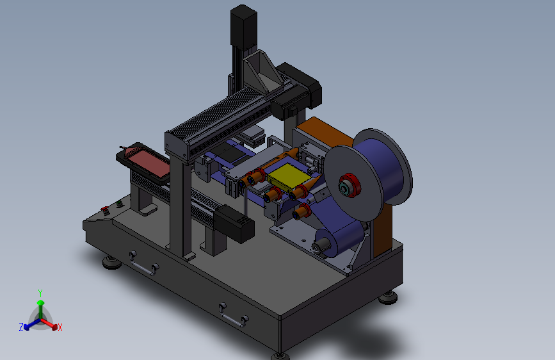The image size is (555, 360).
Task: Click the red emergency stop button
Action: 105,209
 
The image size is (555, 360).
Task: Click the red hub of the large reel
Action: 349,185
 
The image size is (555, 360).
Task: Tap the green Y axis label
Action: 40,293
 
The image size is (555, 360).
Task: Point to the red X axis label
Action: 60,327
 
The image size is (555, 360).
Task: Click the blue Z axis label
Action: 21,327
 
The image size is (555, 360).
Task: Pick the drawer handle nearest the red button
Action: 143,264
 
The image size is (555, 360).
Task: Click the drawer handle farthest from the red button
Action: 234,315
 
